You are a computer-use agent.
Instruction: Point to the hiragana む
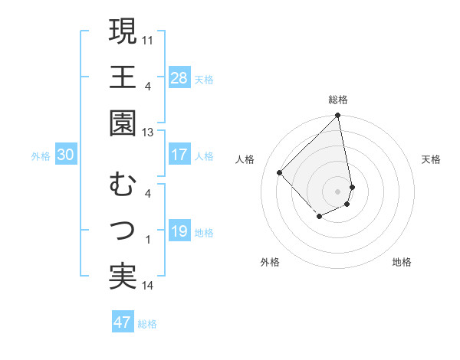123,185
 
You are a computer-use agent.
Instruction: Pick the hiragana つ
123,231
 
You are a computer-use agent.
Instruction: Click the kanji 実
123,277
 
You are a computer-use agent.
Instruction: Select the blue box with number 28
179,78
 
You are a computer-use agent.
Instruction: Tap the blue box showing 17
179,155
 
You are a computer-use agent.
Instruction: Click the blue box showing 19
179,231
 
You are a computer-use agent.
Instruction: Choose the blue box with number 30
65,155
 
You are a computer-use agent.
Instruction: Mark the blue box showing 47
123,322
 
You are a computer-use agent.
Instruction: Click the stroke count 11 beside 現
148,39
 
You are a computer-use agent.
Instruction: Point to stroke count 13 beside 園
148,132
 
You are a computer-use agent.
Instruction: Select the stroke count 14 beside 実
148,286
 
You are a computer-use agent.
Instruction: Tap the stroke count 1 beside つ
148,240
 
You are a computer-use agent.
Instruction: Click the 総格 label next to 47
147,324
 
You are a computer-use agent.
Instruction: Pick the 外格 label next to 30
41,156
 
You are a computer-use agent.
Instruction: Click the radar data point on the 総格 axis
337,116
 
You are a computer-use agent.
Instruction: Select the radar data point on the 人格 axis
280,172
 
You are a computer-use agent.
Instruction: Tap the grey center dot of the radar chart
337,191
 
